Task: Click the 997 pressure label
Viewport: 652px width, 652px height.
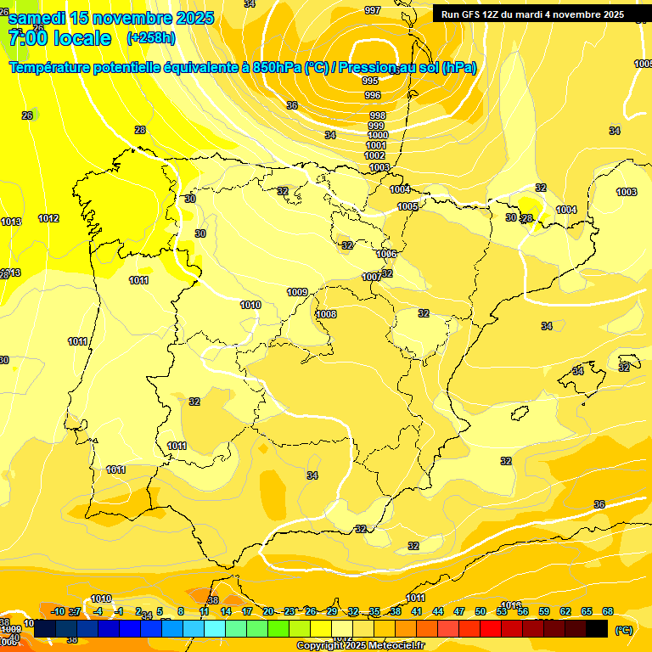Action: tap(372, 10)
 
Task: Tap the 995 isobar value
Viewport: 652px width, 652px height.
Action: tap(370, 81)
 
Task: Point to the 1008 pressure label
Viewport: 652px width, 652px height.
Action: tap(326, 314)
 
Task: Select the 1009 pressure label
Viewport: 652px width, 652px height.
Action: tap(297, 292)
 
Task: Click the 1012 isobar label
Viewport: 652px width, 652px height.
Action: tap(48, 218)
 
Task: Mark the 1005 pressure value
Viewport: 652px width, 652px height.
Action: tap(407, 206)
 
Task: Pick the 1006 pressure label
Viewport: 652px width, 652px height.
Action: tap(386, 254)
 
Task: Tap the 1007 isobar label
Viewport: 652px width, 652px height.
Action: tap(372, 277)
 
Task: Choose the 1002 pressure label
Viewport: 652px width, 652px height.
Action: tap(374, 155)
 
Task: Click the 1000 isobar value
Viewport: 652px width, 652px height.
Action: tap(378, 135)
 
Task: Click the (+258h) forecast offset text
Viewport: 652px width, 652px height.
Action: tap(151, 38)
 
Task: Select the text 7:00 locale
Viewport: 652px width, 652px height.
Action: tap(59, 38)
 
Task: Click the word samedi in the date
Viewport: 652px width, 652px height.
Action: tap(37, 17)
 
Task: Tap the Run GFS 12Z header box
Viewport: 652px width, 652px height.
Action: tap(532, 14)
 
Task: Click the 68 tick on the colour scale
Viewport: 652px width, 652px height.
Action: tap(608, 611)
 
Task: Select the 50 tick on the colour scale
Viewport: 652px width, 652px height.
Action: tap(481, 611)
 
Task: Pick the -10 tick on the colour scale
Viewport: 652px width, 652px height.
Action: tap(58, 611)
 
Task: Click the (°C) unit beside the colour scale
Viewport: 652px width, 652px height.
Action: tap(624, 629)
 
